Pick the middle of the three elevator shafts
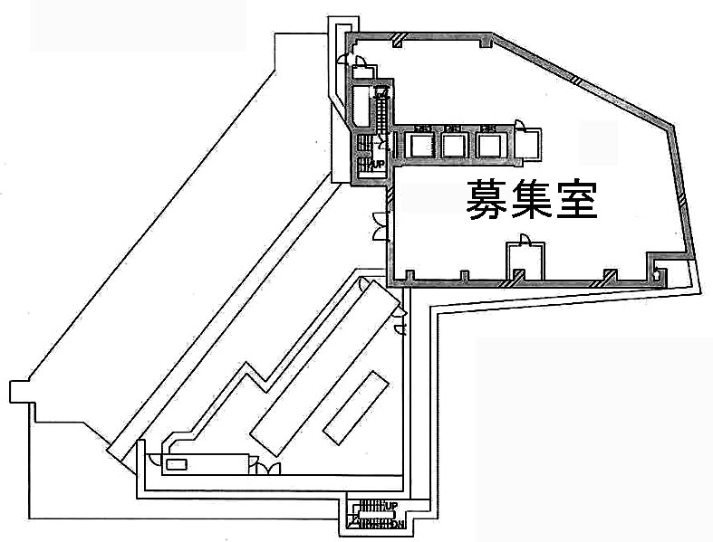(456, 145)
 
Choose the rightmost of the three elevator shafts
(489, 145)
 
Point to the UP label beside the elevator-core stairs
(380, 164)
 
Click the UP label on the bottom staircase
(391, 505)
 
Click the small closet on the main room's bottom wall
(525, 262)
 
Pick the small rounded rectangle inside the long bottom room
(177, 465)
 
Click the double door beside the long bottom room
(268, 468)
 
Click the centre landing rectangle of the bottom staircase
(370, 515)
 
